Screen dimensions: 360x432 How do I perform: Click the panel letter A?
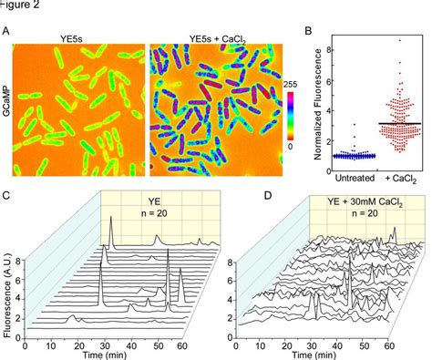7,31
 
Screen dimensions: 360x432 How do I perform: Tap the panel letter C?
7,195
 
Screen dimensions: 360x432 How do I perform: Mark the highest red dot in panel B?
399,39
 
